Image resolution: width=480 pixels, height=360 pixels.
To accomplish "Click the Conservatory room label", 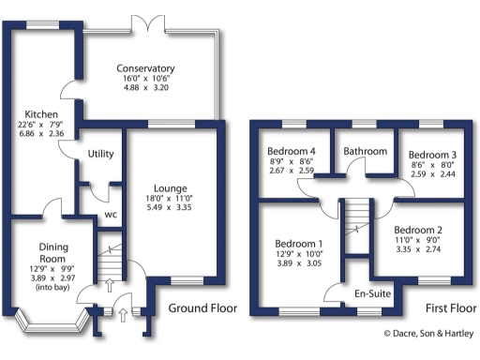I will pos(145,68).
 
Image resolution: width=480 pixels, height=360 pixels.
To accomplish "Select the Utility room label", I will pos(100,154).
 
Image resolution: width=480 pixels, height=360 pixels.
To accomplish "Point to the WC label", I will pos(110,214).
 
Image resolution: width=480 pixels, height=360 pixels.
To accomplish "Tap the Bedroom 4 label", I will pos(291,152).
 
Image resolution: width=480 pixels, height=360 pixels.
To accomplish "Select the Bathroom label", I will pos(365,151).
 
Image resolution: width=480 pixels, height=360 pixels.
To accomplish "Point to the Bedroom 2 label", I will pos(418,231).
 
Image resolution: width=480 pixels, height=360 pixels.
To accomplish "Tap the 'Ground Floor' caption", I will pos(202,308).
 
